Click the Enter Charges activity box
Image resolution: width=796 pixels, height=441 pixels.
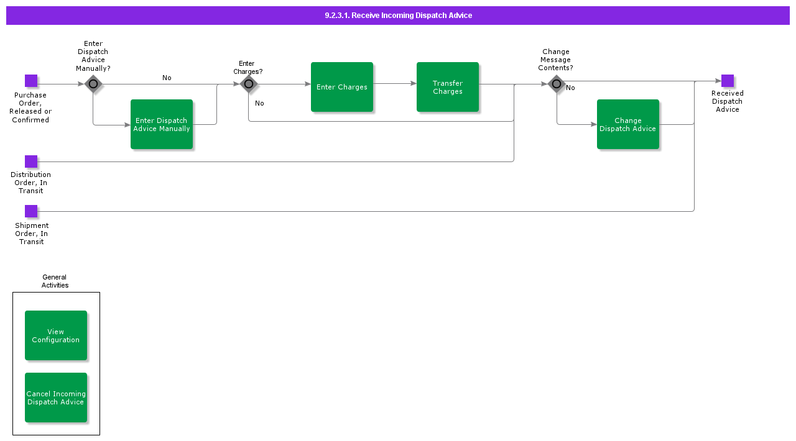point(342,87)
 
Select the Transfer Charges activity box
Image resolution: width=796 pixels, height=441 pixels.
point(448,87)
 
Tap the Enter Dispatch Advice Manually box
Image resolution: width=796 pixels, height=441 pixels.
point(162,124)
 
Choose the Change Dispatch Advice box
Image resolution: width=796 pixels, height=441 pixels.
point(628,124)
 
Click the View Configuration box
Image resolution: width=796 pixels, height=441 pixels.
point(56,335)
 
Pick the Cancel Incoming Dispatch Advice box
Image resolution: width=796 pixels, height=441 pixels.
point(56,398)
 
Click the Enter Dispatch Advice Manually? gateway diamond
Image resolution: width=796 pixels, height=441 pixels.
point(93,84)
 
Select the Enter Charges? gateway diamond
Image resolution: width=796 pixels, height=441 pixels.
point(249,84)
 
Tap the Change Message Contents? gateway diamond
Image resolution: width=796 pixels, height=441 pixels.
point(557,84)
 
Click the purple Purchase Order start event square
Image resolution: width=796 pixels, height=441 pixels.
point(31,81)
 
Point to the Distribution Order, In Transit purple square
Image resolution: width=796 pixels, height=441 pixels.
point(31,161)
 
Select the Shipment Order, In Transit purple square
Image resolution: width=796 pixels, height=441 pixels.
point(31,211)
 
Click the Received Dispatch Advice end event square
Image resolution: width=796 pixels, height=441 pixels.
point(728,81)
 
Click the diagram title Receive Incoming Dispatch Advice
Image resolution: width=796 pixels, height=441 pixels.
point(398,16)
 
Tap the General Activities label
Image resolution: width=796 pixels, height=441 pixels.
point(55,281)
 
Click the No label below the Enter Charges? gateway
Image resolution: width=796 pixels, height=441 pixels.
point(259,103)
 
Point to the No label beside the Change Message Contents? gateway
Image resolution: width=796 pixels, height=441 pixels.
point(570,88)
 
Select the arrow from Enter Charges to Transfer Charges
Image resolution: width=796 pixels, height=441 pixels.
point(395,83)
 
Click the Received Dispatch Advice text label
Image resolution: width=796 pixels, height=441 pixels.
point(728,101)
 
